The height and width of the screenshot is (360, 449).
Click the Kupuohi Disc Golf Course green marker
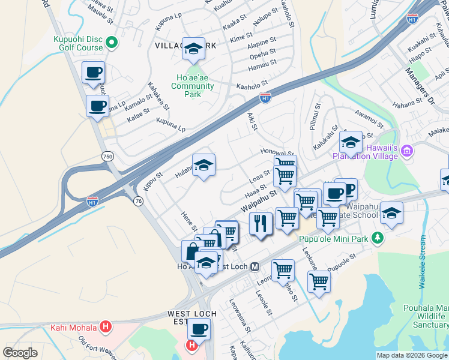111,43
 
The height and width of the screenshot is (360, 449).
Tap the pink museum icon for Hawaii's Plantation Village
408,150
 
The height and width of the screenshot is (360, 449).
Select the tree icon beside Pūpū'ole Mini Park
377,238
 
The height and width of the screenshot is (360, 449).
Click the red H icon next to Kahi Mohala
106,327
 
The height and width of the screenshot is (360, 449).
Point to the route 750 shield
107,156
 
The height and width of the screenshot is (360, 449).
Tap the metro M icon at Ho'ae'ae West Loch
255,266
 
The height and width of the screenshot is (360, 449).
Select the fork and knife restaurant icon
261,224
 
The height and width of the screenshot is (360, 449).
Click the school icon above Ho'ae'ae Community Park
194,49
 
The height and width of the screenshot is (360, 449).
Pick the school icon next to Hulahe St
203,165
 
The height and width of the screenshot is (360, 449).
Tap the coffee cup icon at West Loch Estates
199,329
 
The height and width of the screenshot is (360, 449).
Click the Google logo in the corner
20,353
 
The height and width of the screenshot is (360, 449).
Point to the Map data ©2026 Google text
411,355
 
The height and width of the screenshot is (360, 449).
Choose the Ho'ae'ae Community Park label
192,86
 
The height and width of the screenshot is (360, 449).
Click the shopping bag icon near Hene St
191,250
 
